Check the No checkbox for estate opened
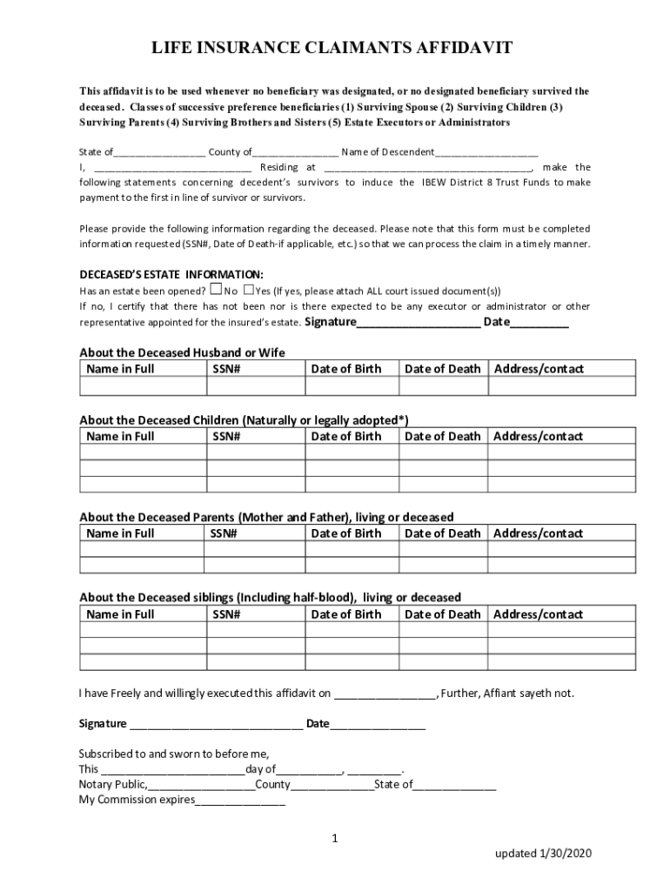[217, 290]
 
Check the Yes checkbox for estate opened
[248, 290]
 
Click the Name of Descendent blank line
[486, 153]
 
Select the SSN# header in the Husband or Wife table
[226, 369]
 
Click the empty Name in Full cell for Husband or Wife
[142, 386]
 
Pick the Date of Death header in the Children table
[442, 437]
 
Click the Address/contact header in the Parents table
[538, 533]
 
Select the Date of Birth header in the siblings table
[345, 614]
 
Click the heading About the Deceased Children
[244, 420]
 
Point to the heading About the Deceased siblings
[270, 598]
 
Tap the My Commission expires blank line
[240, 801]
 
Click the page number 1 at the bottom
[334, 839]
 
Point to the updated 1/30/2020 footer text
[543, 854]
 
